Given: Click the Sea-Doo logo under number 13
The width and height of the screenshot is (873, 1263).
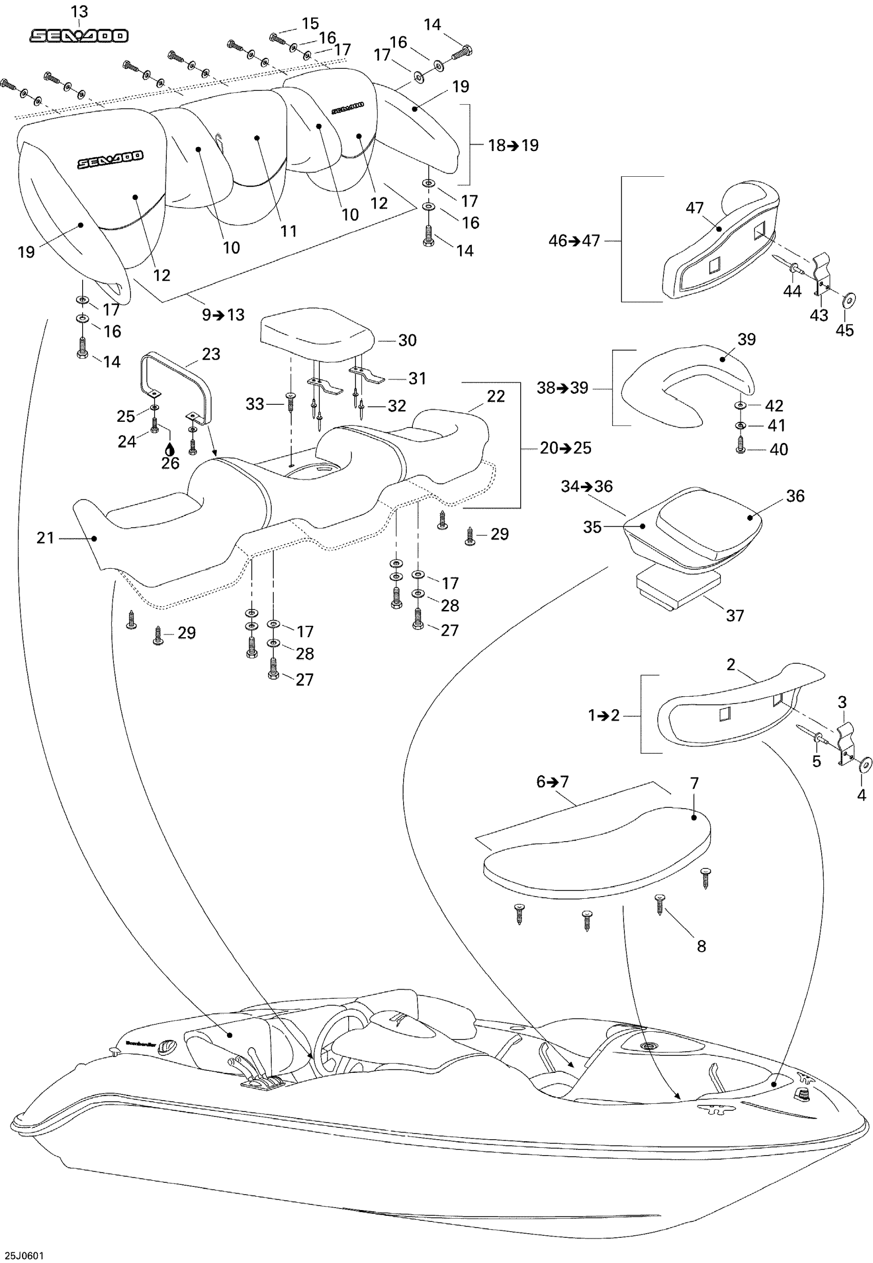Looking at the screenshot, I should point(79,36).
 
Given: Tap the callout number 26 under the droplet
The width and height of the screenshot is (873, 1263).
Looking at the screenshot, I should point(170,463).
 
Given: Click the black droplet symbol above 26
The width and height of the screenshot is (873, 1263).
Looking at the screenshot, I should point(170,449).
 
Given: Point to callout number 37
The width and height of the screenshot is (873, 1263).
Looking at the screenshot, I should point(735,616).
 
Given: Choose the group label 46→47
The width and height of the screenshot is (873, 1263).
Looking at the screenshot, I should point(574,241).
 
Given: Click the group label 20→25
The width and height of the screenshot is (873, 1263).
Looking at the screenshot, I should point(565,448).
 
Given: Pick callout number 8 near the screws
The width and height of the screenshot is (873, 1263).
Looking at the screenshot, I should point(701,946).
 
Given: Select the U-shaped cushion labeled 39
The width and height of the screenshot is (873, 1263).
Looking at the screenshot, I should point(689,383).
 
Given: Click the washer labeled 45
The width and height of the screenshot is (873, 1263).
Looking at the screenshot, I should point(849,301).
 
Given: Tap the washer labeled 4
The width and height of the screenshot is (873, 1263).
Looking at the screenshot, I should point(865,764).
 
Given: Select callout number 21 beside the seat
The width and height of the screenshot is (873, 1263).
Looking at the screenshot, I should point(45,538).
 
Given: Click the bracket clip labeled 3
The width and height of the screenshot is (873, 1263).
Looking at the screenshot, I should point(846,741).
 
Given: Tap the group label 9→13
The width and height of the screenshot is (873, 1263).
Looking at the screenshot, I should point(223,314).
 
